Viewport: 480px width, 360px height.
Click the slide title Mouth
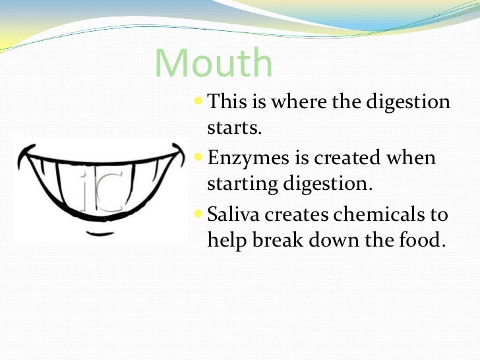[214, 64]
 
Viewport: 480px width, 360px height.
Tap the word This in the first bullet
[226, 102]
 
